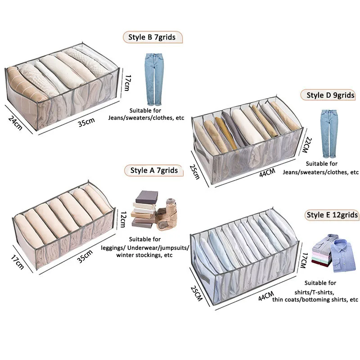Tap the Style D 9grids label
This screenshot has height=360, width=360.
[x=330, y=95]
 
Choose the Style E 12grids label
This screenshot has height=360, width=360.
[x=332, y=215]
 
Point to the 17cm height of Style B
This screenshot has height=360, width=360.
[x=127, y=82]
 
